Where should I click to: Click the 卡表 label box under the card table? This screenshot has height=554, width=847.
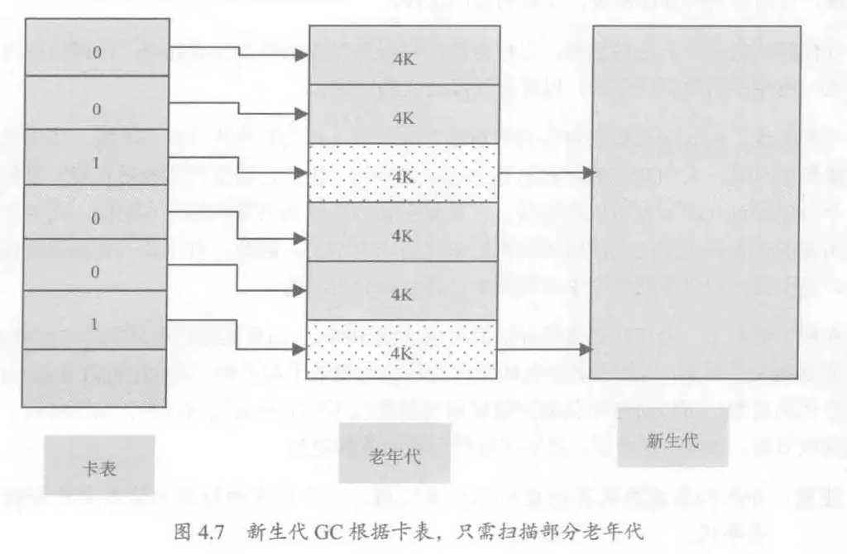pyautogui.click(x=100, y=467)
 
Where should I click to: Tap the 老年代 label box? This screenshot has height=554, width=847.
pyautogui.click(x=394, y=454)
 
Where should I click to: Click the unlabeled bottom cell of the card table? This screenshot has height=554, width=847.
pyautogui.click(x=95, y=378)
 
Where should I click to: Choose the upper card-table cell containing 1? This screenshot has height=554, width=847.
pyautogui.click(x=96, y=163)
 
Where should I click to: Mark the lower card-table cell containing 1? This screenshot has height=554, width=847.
pyautogui.click(x=96, y=323)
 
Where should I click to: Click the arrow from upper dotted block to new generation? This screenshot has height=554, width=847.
pyautogui.click(x=546, y=173)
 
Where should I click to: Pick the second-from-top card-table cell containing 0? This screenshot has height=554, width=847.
pyautogui.click(x=96, y=108)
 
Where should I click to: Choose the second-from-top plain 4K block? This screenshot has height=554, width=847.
pyautogui.click(x=403, y=115)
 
